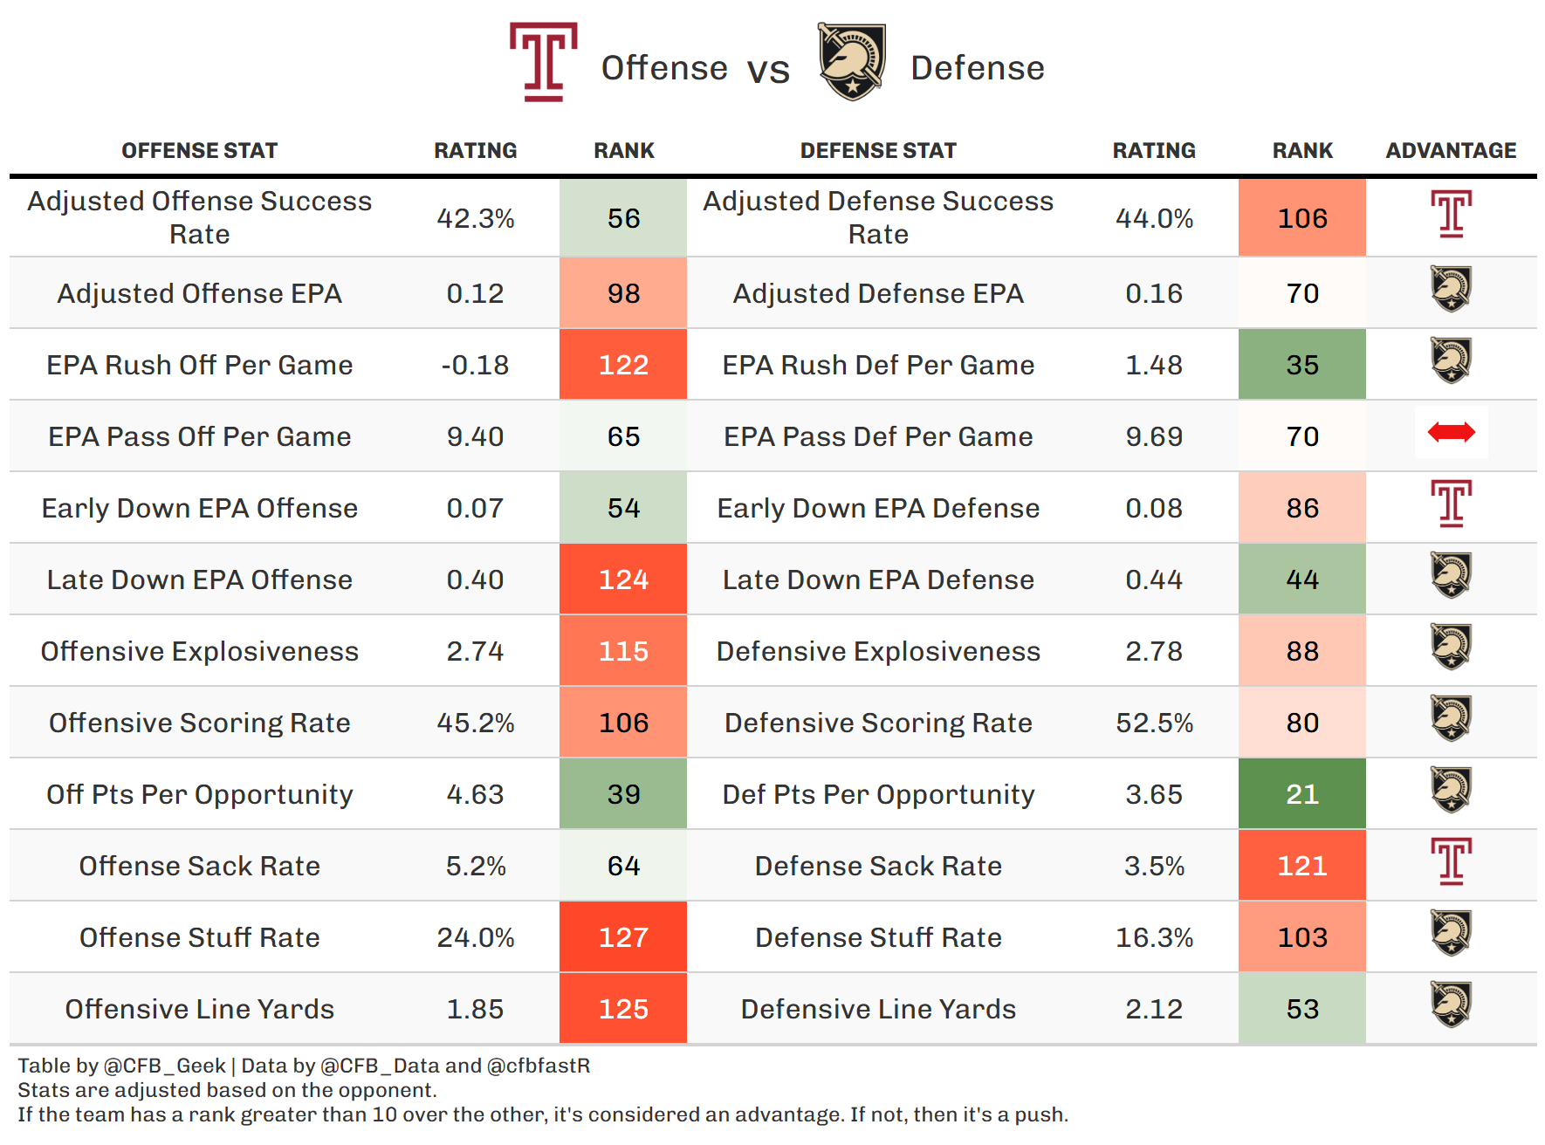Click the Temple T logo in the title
543,62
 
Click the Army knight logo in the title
851,62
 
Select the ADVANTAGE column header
1451,150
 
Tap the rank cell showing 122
623,365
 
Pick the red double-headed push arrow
1451,432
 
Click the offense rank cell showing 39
623,794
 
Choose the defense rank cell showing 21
1301,794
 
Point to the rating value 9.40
475,436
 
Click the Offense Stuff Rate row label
200,937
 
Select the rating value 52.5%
1154,723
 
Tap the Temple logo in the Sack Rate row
1451,861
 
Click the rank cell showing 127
623,937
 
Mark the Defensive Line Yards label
878,1009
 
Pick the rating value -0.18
475,365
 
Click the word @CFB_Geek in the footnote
165,1066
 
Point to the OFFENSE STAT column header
200,150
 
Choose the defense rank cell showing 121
1301,866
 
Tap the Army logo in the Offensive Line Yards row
1451,1004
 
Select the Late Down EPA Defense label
878,579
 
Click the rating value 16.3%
1154,937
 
